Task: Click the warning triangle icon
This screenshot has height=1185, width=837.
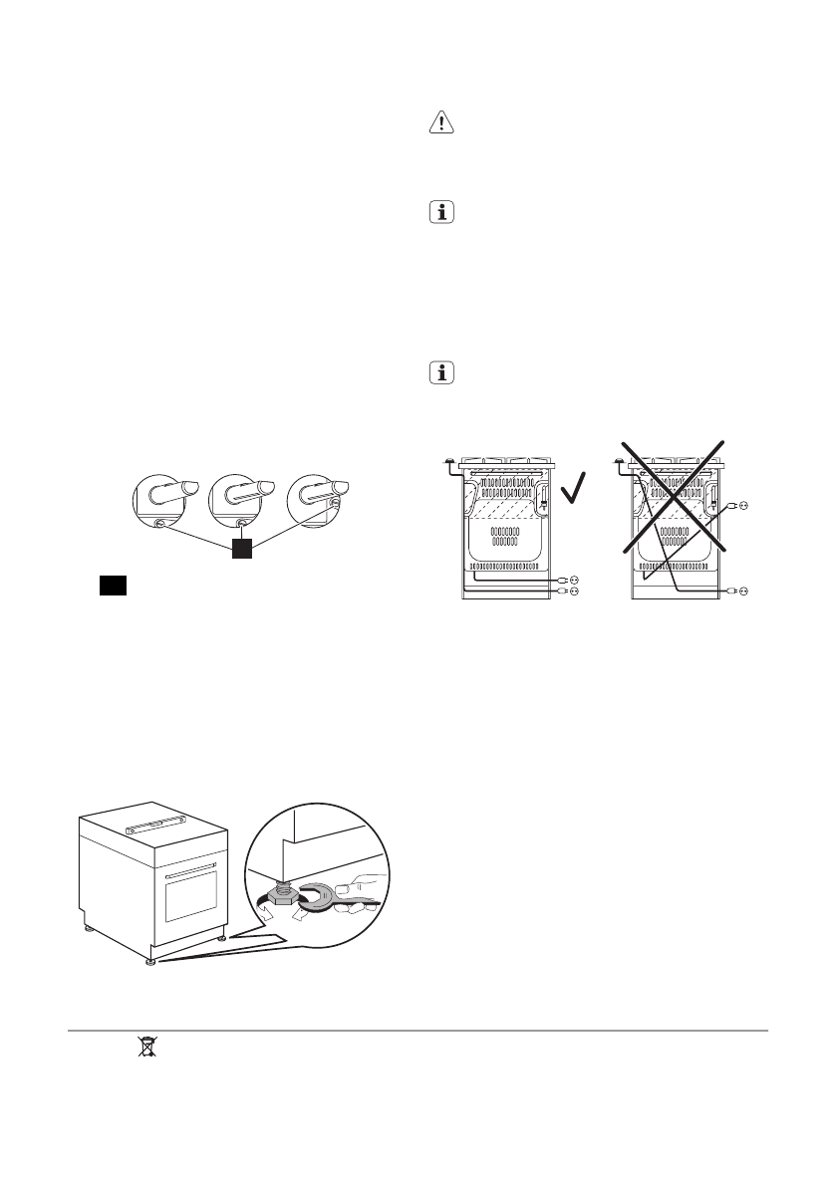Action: [x=440, y=121]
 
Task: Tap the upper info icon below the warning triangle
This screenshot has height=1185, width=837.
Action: [x=440, y=213]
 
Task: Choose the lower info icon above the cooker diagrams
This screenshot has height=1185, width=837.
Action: [x=440, y=373]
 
